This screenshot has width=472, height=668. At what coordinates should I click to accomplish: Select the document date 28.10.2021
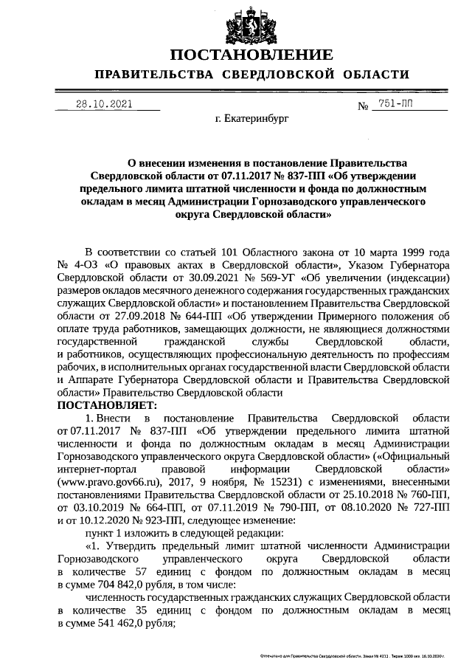(105, 104)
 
